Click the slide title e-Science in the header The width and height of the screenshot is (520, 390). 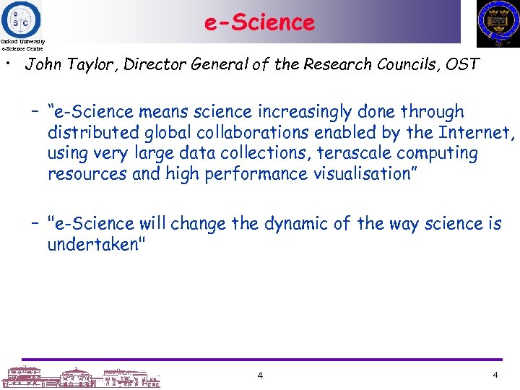coord(259,22)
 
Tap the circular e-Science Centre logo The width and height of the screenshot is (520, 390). coord(21,18)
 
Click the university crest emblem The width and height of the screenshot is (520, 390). coord(498,22)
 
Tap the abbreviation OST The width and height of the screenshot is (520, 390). coord(461,64)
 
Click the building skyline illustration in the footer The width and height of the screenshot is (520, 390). coord(79,376)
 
